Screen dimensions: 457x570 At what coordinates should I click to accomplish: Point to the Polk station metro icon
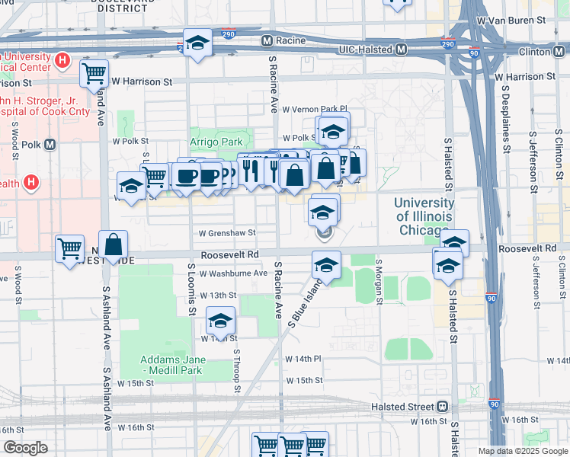click(50, 144)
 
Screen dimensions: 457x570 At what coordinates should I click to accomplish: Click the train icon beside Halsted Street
click(443, 407)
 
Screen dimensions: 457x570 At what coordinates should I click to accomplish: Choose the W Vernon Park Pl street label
click(314, 109)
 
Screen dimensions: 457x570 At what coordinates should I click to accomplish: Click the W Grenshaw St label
click(226, 233)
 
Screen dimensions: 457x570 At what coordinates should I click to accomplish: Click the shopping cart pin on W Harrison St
click(94, 74)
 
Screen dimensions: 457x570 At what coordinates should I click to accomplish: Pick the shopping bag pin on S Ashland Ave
click(113, 244)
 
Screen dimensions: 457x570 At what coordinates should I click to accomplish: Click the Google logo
click(25, 448)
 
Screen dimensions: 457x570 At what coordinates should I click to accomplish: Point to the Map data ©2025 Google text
click(523, 451)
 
